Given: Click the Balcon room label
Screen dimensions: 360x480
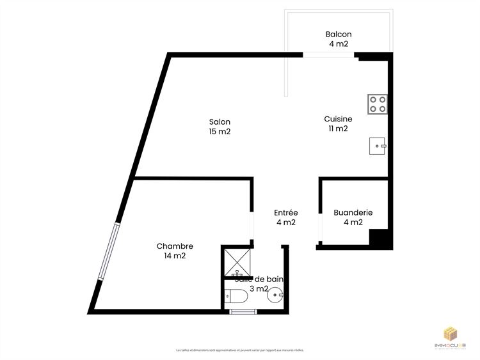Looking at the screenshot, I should click(338, 35).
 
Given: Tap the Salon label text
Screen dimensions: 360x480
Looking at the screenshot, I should click(220, 122).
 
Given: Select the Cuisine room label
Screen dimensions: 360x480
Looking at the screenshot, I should click(338, 119).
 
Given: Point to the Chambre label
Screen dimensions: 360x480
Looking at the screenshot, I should click(175, 246).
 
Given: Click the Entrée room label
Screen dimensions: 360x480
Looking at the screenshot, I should click(285, 213).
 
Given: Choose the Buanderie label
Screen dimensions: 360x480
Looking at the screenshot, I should click(353, 213).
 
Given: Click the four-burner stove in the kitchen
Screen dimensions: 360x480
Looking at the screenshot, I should click(378, 104).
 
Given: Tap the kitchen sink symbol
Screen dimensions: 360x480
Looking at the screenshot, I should click(378, 146).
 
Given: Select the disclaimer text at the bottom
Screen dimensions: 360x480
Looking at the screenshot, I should click(240, 350).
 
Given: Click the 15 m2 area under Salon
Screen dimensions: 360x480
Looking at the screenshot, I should click(220, 132).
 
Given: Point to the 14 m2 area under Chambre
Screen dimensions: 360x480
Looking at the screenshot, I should click(175, 256).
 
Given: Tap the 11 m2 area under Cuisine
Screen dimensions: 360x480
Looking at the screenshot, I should click(338, 129).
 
